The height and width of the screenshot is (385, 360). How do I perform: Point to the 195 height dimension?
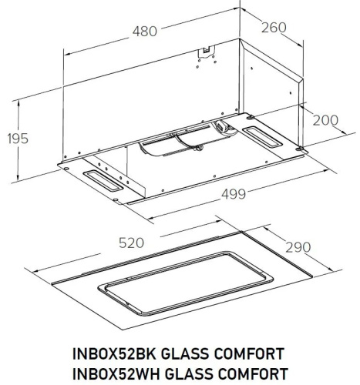click(16, 139)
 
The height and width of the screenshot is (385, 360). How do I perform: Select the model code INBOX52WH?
click(109, 374)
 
